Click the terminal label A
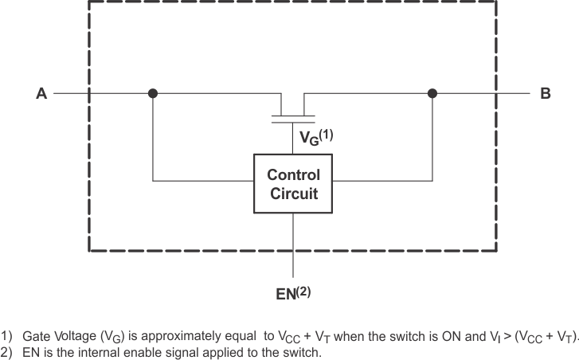click(41, 94)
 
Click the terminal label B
click(546, 94)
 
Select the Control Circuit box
click(293, 184)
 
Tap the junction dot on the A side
click(153, 93)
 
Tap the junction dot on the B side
click(432, 93)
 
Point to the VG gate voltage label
click(307, 138)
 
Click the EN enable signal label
click(285, 294)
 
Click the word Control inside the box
click(293, 174)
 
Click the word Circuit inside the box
click(293, 193)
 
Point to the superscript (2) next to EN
click(303, 291)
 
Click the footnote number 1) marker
click(8, 337)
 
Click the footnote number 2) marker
click(8, 351)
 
